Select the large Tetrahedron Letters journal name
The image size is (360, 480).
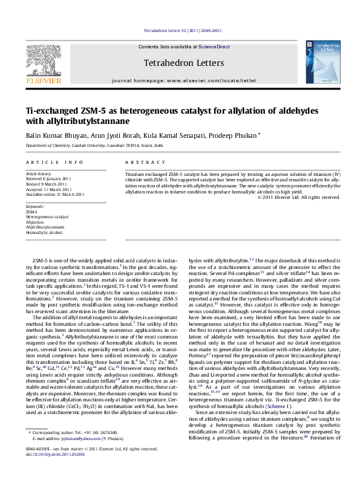point(184,63)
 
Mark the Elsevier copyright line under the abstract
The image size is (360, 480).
point(298,197)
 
